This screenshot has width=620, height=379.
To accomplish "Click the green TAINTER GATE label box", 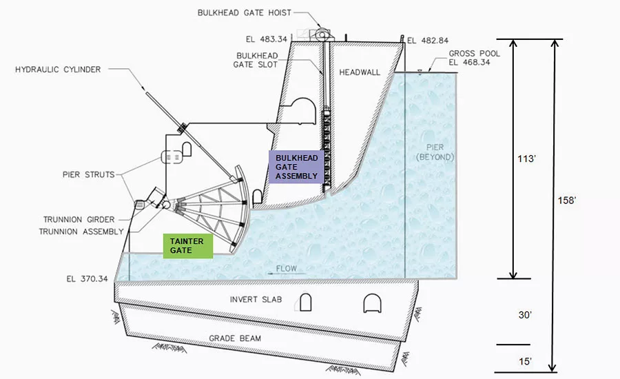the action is pos(188,246).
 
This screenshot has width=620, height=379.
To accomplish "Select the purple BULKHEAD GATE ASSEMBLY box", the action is pos(296,167).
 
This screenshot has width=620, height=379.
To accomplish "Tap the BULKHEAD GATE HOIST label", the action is pos(245,12).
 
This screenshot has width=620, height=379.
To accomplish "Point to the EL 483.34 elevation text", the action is pos(267,39).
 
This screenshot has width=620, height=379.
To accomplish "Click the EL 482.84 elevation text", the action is pos(428,41).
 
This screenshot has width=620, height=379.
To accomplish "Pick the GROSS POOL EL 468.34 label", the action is pos(474,58).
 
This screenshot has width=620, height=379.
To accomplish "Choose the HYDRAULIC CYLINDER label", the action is pos(58,70).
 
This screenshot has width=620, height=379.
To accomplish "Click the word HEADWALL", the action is pos(360,72).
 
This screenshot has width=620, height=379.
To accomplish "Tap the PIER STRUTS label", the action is pos(89,174).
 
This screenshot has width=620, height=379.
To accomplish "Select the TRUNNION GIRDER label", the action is pos(79,220).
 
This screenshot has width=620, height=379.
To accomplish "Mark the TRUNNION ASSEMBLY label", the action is pos(81,232).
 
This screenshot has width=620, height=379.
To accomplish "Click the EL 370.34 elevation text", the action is pos(87,279).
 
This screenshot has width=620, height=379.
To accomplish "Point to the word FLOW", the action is pos(287,269).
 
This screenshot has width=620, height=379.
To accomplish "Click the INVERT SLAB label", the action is pos(256,300).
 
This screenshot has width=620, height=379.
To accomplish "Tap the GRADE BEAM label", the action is pos(235,338).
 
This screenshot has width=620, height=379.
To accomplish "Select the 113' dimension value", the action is pos(527,158).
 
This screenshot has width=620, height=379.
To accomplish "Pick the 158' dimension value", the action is pos(567,201).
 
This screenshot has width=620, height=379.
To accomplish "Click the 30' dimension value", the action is pos(525,315).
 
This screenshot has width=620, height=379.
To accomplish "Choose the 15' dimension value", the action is pos(525,362).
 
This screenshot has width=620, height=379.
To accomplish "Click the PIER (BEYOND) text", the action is pos(435,152).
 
